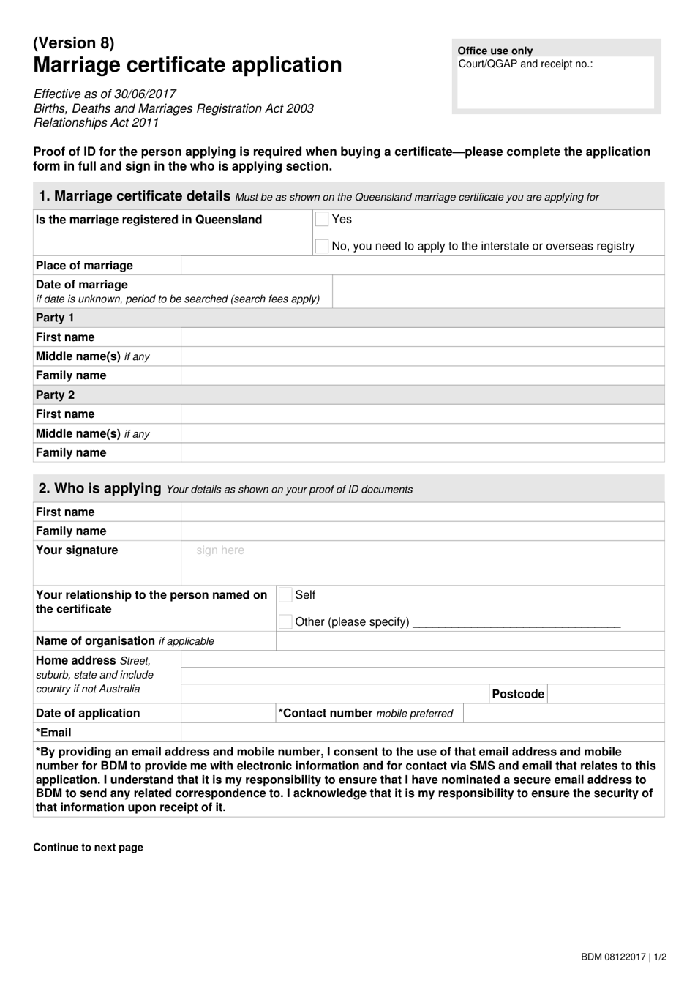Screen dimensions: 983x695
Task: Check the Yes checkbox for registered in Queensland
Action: click(x=322, y=219)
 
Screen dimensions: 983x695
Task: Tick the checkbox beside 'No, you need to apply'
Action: click(x=322, y=246)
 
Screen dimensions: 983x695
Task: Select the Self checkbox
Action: click(x=285, y=595)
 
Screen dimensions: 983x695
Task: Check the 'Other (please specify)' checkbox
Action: click(x=285, y=621)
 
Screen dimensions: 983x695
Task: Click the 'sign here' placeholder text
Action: click(x=220, y=550)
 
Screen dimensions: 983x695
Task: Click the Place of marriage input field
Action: click(x=422, y=266)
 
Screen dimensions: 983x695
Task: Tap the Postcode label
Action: click(x=518, y=694)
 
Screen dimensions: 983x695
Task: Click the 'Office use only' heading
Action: click(x=495, y=51)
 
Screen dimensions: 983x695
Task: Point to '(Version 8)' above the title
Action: click(x=74, y=42)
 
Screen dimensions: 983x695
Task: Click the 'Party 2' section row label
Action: click(x=56, y=395)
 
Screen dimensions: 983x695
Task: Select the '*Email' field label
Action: click(x=53, y=733)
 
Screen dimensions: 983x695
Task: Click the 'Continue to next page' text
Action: click(x=88, y=847)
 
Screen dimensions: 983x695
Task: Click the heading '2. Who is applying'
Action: click(x=99, y=488)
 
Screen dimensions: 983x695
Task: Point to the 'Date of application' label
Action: click(x=88, y=713)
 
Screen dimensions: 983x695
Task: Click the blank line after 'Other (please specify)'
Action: click(x=516, y=623)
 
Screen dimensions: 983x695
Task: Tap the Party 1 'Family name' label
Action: click(x=71, y=375)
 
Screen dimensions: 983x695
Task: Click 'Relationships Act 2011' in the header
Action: click(x=96, y=122)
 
